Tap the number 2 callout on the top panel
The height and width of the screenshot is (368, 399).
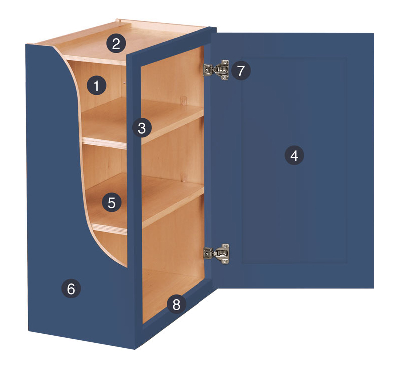point(116,44)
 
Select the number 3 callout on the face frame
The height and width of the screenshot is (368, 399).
point(142,128)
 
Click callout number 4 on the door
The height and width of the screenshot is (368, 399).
point(294,155)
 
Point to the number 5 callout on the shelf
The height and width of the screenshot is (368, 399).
point(111,202)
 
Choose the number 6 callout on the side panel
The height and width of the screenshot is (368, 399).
point(71,289)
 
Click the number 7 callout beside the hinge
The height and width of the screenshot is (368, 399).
point(241,70)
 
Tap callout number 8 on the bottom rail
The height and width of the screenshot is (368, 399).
point(176,304)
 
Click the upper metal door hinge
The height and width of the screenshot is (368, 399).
point(216,70)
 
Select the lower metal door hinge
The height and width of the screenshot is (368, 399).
point(216,254)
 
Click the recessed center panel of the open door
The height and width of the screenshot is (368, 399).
point(294,160)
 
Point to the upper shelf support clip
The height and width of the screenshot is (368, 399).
point(184,100)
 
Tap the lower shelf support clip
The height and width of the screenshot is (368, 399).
point(184,178)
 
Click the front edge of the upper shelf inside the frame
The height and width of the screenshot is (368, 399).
point(173,129)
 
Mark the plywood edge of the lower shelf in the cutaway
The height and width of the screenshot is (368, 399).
point(109,229)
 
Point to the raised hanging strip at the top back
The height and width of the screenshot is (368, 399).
point(160,23)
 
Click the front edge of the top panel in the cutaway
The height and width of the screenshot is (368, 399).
point(95,60)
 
